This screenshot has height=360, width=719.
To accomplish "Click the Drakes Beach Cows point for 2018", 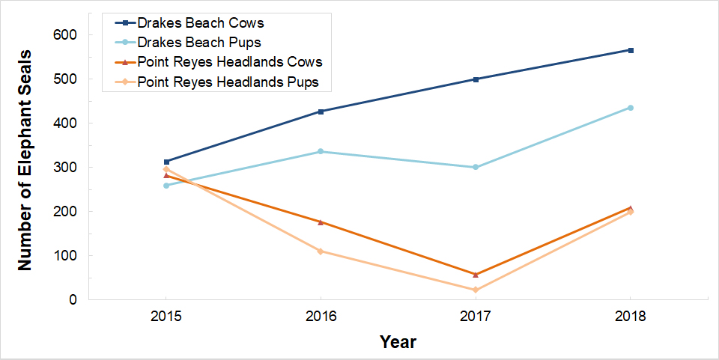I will [x=631, y=50].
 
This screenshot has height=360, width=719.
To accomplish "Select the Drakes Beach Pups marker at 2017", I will [x=476, y=167].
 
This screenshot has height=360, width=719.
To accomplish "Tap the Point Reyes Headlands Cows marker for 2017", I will [x=476, y=275].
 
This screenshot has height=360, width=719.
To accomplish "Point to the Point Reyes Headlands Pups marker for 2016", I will [x=321, y=251].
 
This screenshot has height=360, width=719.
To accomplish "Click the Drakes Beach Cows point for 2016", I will [x=321, y=112].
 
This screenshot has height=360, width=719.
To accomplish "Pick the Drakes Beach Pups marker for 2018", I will [x=631, y=108].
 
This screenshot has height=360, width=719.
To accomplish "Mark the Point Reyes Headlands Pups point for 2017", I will [x=476, y=290].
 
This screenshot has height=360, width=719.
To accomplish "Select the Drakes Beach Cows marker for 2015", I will [x=166, y=162].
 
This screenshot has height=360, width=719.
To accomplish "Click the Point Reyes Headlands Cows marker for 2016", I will [x=321, y=222].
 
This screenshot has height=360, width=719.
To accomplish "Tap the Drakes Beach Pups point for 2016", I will [x=321, y=151].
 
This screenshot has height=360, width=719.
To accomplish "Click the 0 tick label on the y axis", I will [x=73, y=300].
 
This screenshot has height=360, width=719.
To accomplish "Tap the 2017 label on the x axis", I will [x=476, y=317].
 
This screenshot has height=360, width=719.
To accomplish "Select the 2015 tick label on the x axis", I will [x=166, y=317].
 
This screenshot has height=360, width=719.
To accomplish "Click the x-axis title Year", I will [x=398, y=342].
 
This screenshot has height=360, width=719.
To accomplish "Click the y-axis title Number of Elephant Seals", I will [x=25, y=160].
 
